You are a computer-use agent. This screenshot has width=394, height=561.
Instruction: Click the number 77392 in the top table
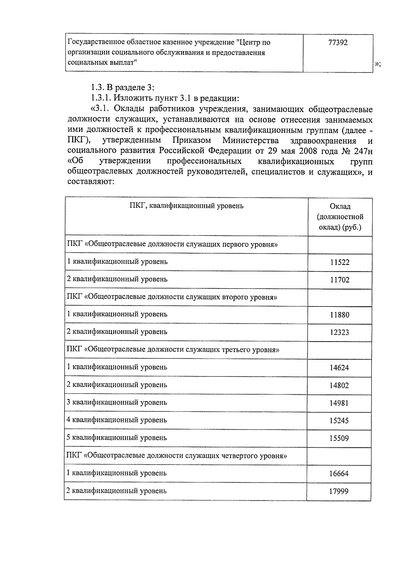(x=338, y=43)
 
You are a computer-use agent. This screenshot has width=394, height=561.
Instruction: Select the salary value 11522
(x=339, y=262)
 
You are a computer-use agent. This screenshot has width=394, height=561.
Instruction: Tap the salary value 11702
(x=339, y=280)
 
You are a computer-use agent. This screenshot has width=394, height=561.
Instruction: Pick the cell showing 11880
(x=339, y=315)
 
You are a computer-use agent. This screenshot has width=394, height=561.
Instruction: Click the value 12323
(x=339, y=332)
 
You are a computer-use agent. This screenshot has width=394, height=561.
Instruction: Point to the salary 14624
(x=339, y=368)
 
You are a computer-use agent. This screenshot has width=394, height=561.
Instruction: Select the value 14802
(x=339, y=385)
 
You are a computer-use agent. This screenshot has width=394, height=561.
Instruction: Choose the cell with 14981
(x=339, y=403)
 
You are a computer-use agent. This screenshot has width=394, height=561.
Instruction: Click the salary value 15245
(x=339, y=420)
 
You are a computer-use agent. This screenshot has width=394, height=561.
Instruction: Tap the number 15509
(x=339, y=438)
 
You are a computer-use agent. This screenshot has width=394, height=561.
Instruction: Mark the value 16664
(x=339, y=474)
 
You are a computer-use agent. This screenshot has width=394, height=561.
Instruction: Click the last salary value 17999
(x=339, y=491)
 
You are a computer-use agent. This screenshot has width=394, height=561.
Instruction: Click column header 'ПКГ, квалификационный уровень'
(x=186, y=206)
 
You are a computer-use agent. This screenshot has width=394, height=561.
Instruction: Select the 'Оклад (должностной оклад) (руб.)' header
(x=340, y=217)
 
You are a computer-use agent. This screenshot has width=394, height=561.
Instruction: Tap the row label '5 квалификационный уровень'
(x=117, y=438)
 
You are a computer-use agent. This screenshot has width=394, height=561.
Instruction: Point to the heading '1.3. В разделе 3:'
(x=122, y=87)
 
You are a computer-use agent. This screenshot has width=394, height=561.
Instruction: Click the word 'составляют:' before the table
(x=90, y=182)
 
